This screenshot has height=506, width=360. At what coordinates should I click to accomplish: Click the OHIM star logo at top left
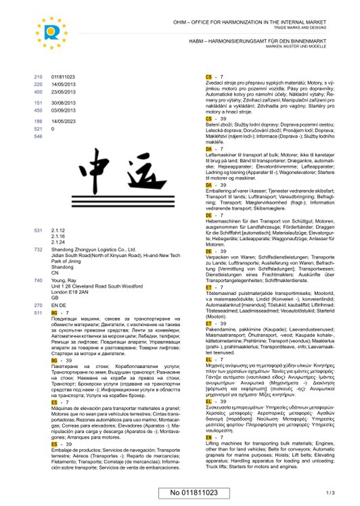click(x=52, y=32)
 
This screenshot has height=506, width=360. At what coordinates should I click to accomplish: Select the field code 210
click(x=38, y=77)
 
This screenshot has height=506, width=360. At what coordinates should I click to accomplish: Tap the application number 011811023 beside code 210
click(x=63, y=77)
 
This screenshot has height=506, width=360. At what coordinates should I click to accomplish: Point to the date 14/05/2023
click(x=63, y=121)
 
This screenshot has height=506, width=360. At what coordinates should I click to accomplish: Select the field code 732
click(x=38, y=249)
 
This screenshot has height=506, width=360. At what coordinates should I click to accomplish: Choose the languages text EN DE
click(x=59, y=305)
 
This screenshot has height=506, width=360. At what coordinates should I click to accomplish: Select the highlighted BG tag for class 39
click(x=55, y=361)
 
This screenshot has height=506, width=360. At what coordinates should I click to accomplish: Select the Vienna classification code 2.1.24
click(x=59, y=242)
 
